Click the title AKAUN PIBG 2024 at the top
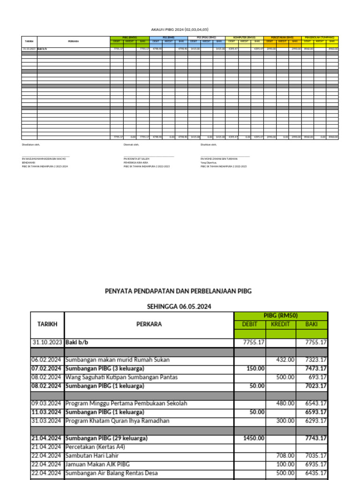(x=180, y=29)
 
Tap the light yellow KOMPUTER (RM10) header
(x=244, y=37)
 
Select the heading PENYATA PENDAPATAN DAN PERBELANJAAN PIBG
(x=178, y=291)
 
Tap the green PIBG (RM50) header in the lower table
(x=281, y=315)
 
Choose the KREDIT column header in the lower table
(x=280, y=324)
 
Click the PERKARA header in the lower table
(x=149, y=324)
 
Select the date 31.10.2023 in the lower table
(x=47, y=342)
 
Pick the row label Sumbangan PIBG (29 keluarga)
(x=106, y=438)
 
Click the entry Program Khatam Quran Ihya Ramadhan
(x=117, y=421)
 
